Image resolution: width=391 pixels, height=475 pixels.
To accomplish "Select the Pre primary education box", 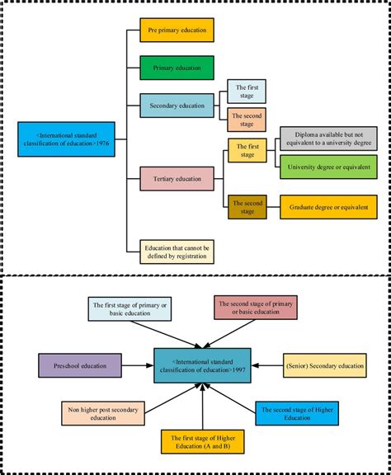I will click(x=177, y=31).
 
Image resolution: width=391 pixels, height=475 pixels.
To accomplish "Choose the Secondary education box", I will click(x=177, y=105).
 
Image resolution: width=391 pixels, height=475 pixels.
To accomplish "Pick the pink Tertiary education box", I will click(x=177, y=177).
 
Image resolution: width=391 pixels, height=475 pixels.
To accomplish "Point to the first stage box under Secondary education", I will click(x=247, y=92).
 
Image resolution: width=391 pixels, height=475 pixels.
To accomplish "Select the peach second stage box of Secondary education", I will click(x=247, y=119).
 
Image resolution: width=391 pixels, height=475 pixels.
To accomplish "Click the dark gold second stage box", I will click(x=247, y=206).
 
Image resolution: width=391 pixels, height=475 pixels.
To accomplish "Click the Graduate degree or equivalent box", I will click(x=328, y=206).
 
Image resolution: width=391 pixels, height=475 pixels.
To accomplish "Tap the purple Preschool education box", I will click(x=79, y=364).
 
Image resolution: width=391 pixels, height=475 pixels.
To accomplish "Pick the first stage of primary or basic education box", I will click(x=129, y=309).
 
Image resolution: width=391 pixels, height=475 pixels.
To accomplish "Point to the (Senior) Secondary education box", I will click(x=324, y=364).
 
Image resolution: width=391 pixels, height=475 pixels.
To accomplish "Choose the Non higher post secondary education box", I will click(x=96, y=412).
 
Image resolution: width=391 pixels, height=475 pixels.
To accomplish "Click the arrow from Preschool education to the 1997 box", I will click(x=136, y=364).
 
